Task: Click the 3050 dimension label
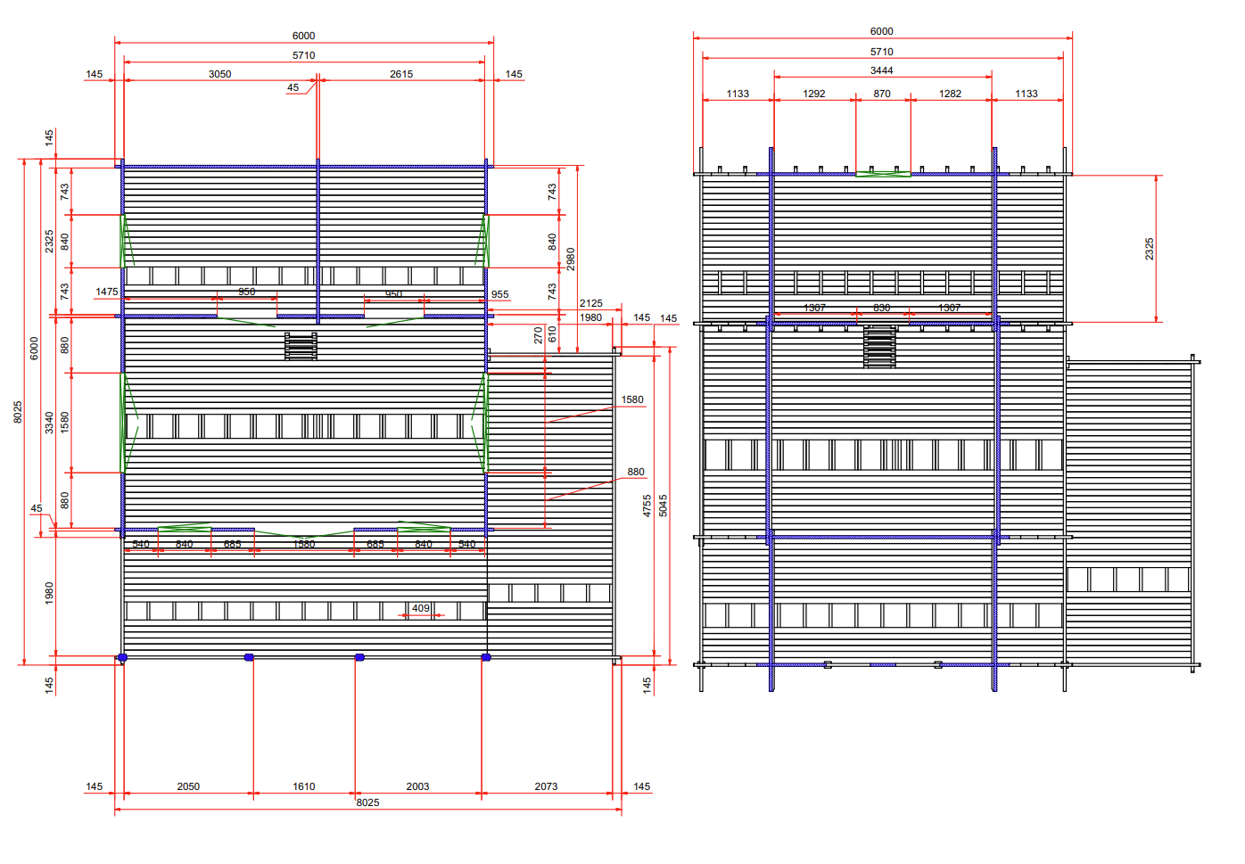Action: click(x=219, y=74)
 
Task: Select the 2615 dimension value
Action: click(x=401, y=74)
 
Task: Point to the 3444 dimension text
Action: click(x=881, y=70)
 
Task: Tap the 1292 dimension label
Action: click(x=813, y=94)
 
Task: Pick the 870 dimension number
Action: click(x=882, y=94)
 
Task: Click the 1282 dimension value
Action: click(x=950, y=94)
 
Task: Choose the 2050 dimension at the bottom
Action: click(x=188, y=786)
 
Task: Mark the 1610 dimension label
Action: click(x=304, y=786)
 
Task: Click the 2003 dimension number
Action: click(x=417, y=786)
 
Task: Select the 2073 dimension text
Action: click(x=546, y=786)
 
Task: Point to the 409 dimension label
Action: click(x=421, y=608)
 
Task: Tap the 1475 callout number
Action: click(x=107, y=292)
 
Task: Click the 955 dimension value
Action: click(x=499, y=294)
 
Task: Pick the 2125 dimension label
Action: click(x=590, y=303)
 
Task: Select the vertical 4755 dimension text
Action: click(x=647, y=506)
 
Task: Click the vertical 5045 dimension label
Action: click(x=663, y=506)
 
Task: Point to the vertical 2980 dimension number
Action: click(x=570, y=259)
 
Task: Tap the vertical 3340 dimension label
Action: click(x=49, y=423)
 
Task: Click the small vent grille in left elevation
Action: click(x=301, y=346)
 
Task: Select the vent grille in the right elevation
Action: click(x=879, y=346)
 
